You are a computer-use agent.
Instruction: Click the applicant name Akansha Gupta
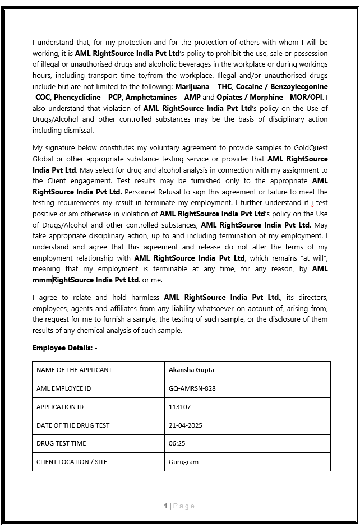(x=191, y=370)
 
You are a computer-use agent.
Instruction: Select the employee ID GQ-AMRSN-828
(x=192, y=388)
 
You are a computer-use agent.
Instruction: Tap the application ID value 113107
(x=179, y=407)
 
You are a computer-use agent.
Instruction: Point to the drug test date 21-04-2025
(x=185, y=425)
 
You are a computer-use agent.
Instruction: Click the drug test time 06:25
(x=177, y=443)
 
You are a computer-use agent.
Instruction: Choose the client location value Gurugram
(x=183, y=462)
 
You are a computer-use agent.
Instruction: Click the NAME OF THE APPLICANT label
(x=74, y=370)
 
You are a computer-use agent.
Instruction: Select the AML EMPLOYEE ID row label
(x=63, y=388)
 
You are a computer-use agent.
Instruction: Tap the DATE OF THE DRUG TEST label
(x=73, y=425)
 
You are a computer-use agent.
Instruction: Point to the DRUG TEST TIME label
(x=61, y=443)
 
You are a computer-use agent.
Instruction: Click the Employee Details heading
(x=64, y=348)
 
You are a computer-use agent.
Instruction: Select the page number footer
(x=179, y=506)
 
